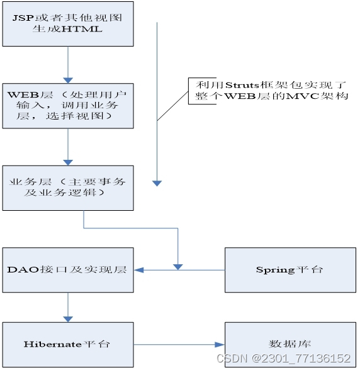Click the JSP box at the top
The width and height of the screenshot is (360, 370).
tap(68, 24)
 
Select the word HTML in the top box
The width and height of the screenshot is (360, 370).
tap(82, 29)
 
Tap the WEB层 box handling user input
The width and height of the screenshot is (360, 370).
tap(68, 106)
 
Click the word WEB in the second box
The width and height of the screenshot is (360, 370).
tap(23, 95)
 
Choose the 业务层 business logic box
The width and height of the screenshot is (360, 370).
tap(68, 188)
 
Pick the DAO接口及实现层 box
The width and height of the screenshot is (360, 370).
tap(68, 270)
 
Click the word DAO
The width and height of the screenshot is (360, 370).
tap(23, 270)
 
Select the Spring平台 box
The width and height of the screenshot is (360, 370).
tap(290, 270)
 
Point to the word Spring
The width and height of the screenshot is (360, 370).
tap(276, 270)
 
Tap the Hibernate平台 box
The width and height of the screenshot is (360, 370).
tap(68, 345)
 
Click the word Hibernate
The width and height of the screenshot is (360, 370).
tap(53, 344)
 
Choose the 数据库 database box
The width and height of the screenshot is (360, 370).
tap(290, 345)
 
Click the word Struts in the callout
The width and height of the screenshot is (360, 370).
tap(242, 85)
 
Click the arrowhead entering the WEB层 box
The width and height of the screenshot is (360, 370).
tap(68, 81)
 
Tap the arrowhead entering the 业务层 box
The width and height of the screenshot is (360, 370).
tap(68, 162)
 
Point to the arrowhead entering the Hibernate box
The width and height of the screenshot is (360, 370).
tap(68, 319)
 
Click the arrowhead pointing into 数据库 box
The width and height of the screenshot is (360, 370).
tap(220, 345)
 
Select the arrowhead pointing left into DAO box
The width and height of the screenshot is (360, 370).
tap(139, 270)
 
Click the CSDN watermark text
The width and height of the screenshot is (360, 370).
tap(284, 359)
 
